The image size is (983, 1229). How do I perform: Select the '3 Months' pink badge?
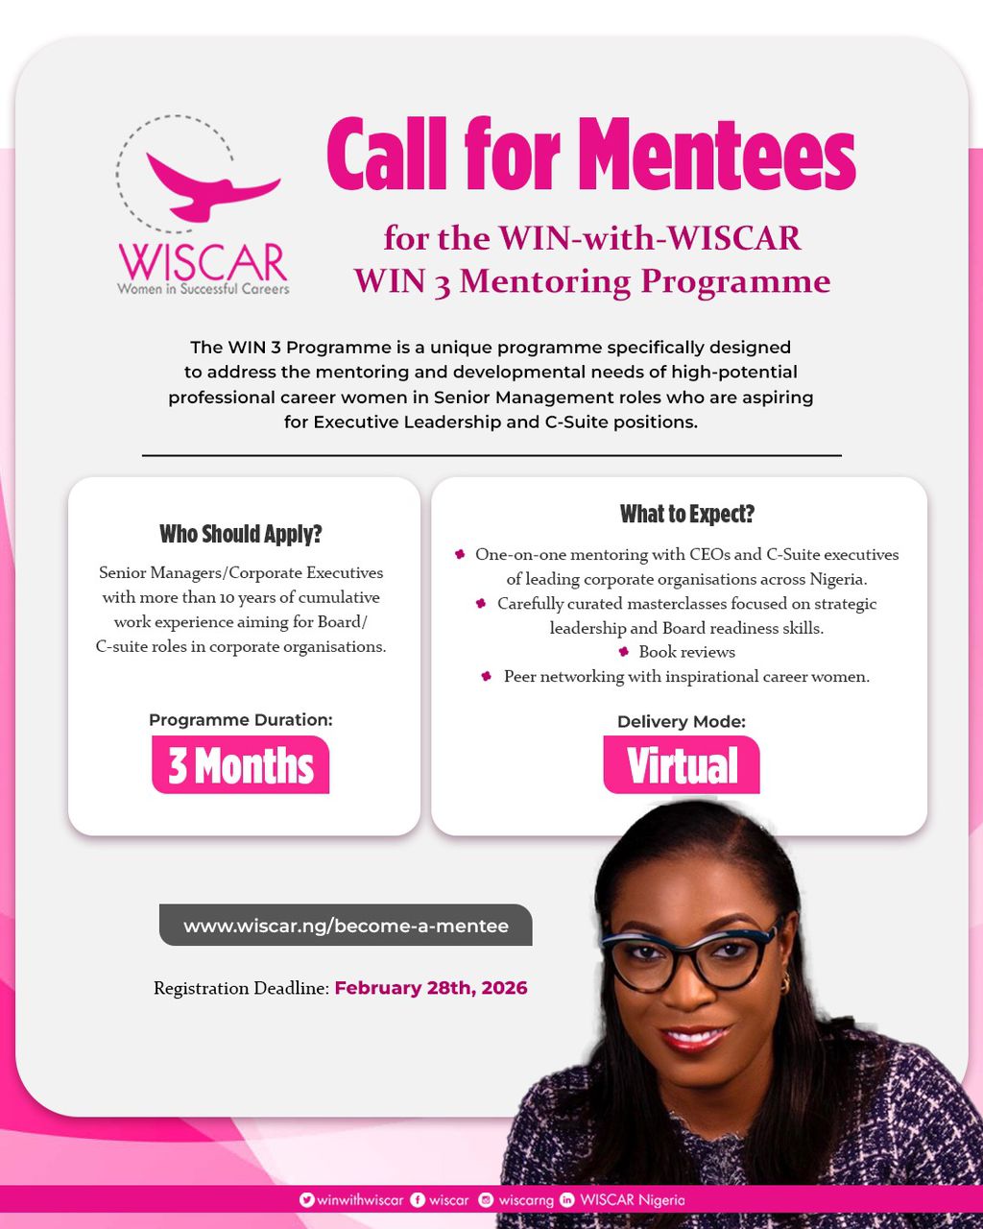click(x=241, y=765)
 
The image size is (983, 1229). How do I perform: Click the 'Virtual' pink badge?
click(x=682, y=765)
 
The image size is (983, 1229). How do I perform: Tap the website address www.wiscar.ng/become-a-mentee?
click(x=346, y=927)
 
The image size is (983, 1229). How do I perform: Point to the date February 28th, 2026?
click(x=431, y=988)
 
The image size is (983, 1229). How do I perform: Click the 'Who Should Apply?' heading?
click(x=241, y=534)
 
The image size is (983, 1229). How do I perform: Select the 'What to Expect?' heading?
click(x=687, y=514)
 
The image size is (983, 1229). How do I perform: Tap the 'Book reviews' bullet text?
click(x=686, y=652)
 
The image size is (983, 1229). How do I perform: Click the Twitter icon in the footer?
click(x=307, y=1200)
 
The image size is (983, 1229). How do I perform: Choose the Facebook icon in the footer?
click(x=418, y=1200)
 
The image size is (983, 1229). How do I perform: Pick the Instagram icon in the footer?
click(x=486, y=1200)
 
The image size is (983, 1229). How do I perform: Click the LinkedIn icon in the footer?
click(x=566, y=1200)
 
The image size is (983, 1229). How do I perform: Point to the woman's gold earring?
click(x=785, y=982)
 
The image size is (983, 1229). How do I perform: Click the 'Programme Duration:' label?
click(x=241, y=720)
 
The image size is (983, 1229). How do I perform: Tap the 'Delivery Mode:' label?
click(x=682, y=722)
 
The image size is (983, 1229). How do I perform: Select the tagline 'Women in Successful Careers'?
click(x=203, y=288)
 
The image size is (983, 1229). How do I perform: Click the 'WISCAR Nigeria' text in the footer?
click(x=633, y=1200)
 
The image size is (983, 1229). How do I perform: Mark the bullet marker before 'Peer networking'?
click(x=487, y=676)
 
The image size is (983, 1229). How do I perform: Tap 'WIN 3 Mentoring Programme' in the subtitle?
click(x=591, y=281)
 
